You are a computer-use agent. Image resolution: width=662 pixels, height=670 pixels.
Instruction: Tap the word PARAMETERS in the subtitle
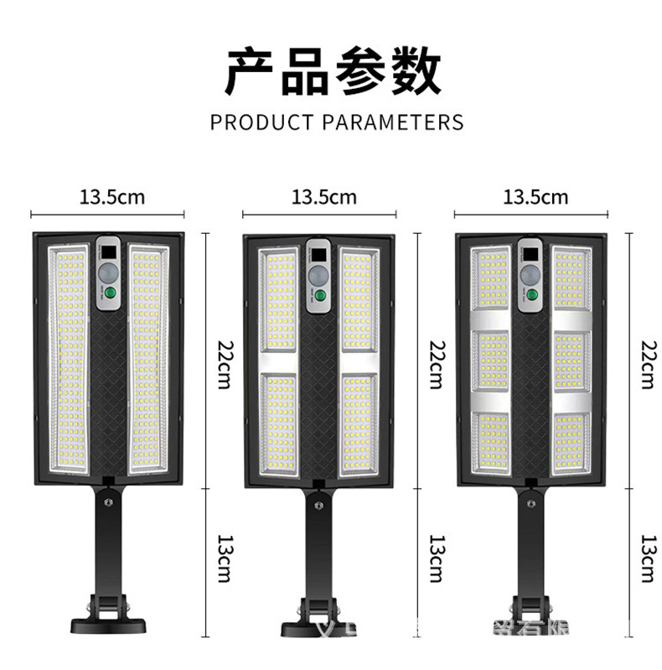(392, 122)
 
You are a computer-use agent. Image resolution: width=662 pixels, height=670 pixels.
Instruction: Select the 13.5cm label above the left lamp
(112, 198)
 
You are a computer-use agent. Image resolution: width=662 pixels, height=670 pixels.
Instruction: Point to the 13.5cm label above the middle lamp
(324, 198)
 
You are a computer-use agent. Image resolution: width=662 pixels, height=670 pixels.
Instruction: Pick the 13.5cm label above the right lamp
(535, 198)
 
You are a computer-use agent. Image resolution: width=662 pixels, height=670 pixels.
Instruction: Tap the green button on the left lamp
(108, 294)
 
